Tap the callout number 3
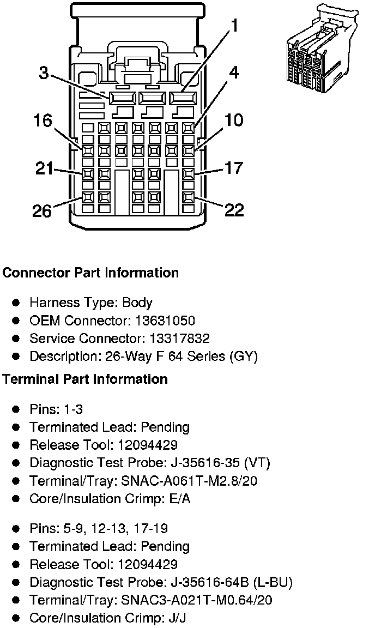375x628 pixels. [x=44, y=73]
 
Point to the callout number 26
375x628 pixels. [x=41, y=210]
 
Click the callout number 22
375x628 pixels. [x=234, y=210]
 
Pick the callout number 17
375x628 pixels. [x=234, y=168]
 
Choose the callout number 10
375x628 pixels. [x=234, y=120]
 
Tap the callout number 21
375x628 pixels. [x=44, y=168]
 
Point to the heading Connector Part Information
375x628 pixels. [x=90, y=273]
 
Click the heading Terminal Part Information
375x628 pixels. [x=85, y=379]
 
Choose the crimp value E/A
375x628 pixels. [x=179, y=499]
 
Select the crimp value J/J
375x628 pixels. [x=178, y=618]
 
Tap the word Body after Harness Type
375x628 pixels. [x=137, y=303]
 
